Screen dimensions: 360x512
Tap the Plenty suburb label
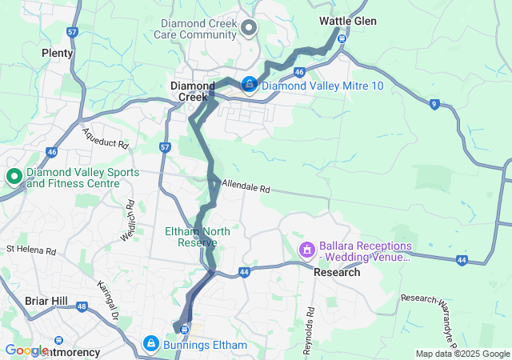[x=57, y=53]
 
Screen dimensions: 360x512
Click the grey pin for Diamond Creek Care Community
[x=249, y=29]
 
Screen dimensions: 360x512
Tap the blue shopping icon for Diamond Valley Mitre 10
[x=249, y=84]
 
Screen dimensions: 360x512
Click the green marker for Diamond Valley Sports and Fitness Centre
[x=14, y=177]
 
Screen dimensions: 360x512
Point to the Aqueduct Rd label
[x=104, y=142]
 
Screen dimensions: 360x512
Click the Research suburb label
[x=336, y=272]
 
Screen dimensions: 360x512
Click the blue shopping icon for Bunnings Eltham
[x=150, y=344]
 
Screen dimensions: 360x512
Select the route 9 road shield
[x=434, y=104]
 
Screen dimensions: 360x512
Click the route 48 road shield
[x=82, y=305]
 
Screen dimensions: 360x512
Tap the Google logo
[x=26, y=350]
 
